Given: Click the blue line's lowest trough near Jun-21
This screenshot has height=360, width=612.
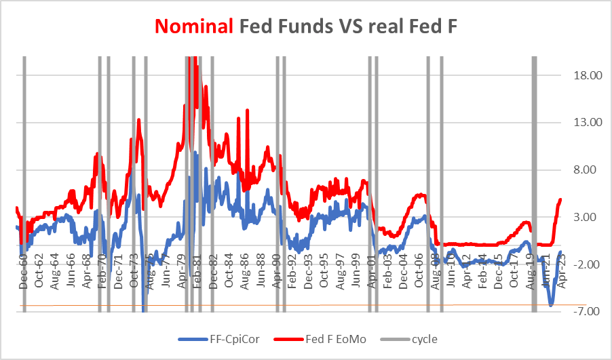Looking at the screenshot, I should click(551, 306).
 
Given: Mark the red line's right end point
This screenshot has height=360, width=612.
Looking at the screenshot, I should click(560, 199).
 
